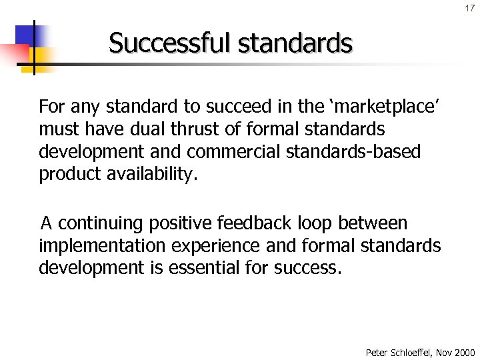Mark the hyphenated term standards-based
[x=353, y=151]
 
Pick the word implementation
[x=103, y=245]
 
